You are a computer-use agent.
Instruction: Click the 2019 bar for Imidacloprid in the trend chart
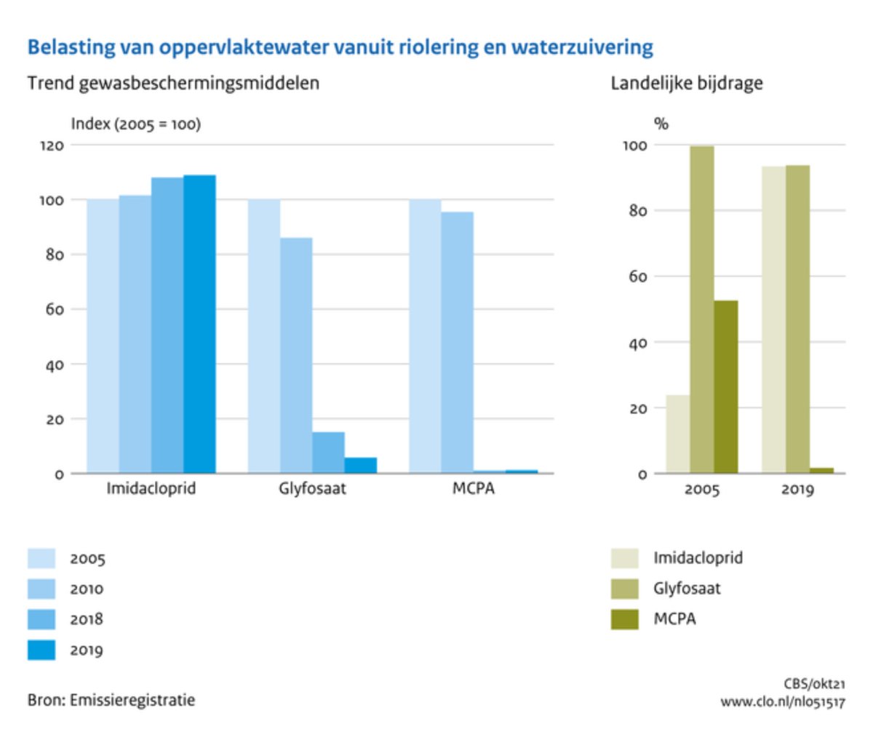point(199,324)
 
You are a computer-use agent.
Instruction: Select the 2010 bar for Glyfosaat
point(296,356)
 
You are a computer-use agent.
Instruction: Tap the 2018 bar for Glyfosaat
point(328,453)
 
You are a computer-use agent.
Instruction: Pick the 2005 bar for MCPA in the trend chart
point(425,336)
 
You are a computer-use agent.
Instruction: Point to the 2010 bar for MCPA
point(457,343)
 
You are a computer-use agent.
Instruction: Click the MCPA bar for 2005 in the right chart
point(725,387)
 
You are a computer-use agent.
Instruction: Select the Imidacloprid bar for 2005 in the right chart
point(677,434)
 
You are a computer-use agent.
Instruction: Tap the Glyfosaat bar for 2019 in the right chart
point(797,319)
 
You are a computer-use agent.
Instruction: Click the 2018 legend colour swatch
point(41,619)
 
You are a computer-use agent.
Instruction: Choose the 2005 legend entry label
point(87,559)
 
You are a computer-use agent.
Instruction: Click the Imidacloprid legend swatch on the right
point(624,559)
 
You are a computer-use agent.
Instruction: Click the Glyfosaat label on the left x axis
point(312,488)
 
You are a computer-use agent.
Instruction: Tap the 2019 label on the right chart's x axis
point(797,489)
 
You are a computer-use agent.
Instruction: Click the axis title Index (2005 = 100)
point(135,124)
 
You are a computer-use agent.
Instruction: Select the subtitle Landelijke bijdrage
point(686,84)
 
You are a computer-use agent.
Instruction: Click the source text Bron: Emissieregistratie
point(111,701)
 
